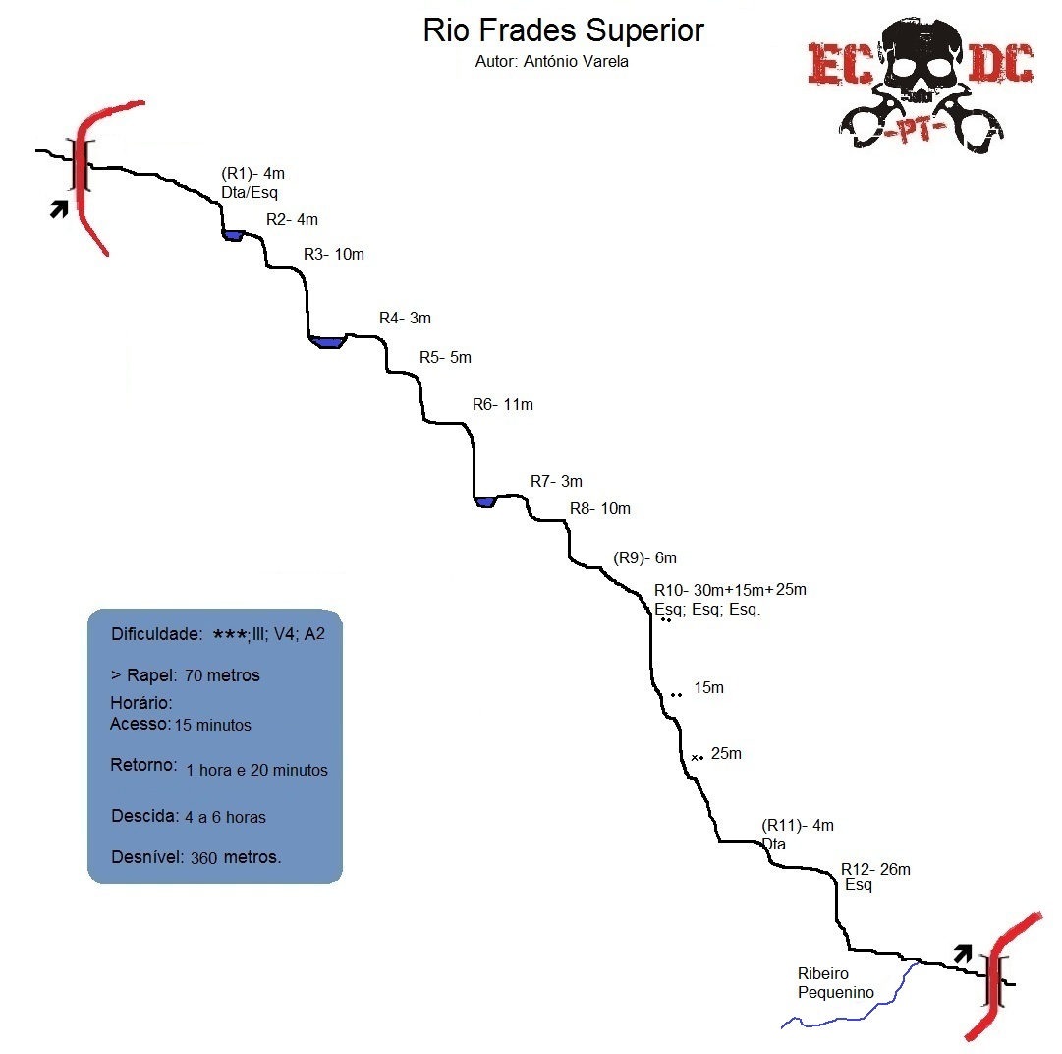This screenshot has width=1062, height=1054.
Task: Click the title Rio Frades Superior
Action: (x=563, y=29)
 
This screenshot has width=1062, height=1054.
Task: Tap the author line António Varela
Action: (x=551, y=61)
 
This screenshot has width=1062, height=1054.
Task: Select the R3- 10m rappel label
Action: (x=333, y=254)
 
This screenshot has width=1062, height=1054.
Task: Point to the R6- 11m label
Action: (x=502, y=404)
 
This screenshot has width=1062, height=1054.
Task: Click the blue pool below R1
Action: (x=233, y=235)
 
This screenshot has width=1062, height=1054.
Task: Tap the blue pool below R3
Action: (x=326, y=342)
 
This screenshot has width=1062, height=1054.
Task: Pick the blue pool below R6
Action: (x=484, y=502)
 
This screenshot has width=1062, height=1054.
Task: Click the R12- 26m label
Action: (x=875, y=869)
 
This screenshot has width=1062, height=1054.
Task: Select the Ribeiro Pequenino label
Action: (x=835, y=983)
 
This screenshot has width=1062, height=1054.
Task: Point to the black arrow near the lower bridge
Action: (x=963, y=952)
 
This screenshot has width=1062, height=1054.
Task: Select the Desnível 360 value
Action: (x=204, y=857)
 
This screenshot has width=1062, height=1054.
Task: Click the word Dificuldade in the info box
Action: (x=156, y=634)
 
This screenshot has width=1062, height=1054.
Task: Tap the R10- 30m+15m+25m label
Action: (x=730, y=590)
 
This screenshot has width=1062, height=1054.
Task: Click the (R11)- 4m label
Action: (x=797, y=826)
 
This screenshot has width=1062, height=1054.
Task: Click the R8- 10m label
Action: (x=599, y=508)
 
